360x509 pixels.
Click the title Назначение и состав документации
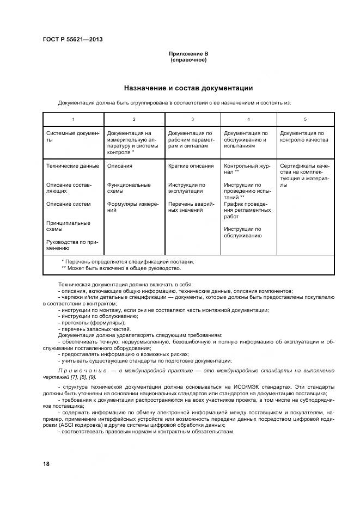[x=188, y=88]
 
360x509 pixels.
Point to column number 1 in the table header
[x=73, y=119]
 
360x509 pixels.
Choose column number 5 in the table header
[x=305, y=119]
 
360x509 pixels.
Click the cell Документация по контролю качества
[x=303, y=136]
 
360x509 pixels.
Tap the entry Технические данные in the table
[x=73, y=166]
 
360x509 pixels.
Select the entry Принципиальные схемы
[x=68, y=226]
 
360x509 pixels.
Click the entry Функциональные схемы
[x=129, y=188]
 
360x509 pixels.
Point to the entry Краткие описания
[x=191, y=166]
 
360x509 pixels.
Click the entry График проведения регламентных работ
[x=247, y=210]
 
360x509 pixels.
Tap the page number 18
[x=46, y=464]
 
